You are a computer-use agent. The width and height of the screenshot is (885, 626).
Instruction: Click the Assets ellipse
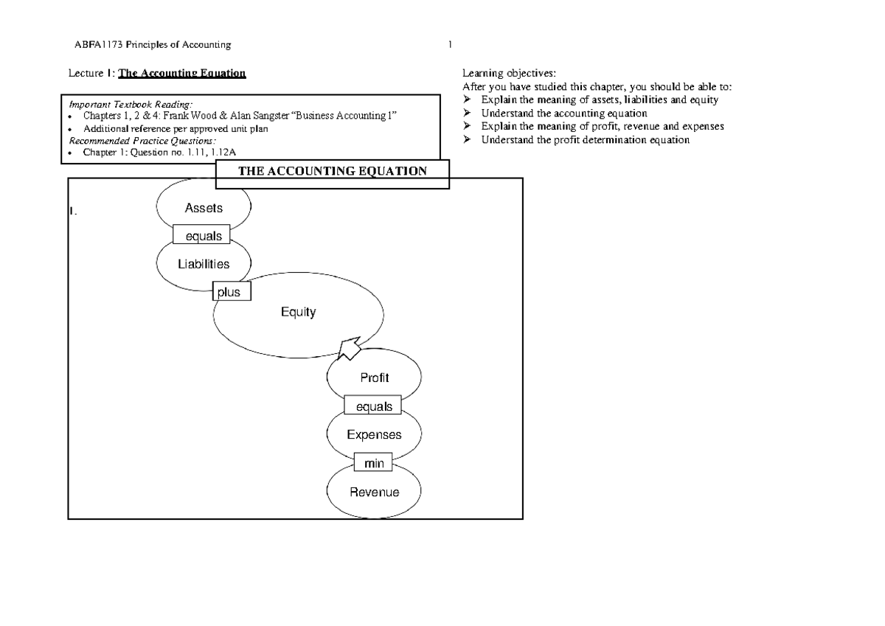tap(204, 208)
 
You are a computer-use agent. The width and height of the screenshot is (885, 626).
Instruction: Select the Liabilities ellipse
tap(204, 264)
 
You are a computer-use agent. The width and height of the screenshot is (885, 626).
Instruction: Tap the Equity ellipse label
tap(298, 312)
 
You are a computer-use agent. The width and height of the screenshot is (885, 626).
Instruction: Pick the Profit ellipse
tap(374, 378)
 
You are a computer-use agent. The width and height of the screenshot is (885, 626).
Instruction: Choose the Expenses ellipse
tap(374, 434)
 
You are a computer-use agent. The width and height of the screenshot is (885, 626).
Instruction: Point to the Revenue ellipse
tap(374, 492)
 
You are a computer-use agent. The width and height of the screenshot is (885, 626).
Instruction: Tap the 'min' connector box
tap(374, 463)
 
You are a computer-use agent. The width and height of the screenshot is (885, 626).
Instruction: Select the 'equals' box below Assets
tap(201, 236)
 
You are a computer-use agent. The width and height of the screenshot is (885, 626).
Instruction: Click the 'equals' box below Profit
tap(373, 406)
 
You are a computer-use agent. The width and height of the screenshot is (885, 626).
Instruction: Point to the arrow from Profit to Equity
tap(347, 347)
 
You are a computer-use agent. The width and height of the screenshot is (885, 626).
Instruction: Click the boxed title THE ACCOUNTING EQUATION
tap(331, 172)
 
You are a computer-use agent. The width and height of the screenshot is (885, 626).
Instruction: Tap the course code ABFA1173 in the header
tap(96, 45)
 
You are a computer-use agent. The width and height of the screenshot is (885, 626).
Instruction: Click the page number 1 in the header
tap(450, 45)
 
